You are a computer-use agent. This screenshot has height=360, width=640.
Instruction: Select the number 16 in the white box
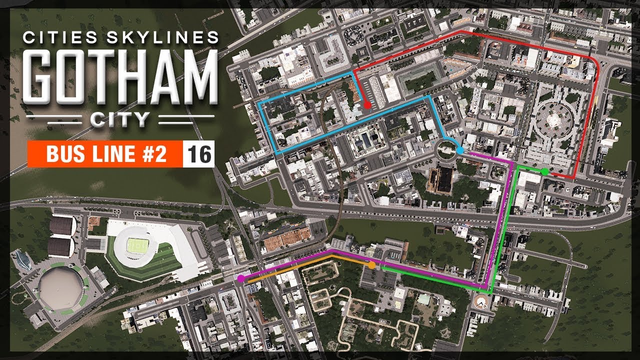click(199, 155)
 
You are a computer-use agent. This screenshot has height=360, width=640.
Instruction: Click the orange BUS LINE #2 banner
click(105, 155)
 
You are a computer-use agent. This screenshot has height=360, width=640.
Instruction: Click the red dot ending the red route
click(367, 105)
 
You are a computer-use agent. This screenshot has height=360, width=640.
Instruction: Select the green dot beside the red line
click(544, 171)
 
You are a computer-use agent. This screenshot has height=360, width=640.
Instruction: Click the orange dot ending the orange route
click(371, 265)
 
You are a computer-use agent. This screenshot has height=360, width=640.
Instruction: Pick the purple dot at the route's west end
click(241, 278)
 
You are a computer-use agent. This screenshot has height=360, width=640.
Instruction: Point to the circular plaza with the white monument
click(553, 120)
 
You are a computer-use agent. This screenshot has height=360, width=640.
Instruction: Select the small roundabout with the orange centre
click(480, 301)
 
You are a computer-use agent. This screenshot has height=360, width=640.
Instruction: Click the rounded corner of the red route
click(595, 62)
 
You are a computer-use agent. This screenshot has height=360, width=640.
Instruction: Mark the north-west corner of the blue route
click(258, 101)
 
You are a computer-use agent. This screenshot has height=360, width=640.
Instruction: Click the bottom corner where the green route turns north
click(491, 291)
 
